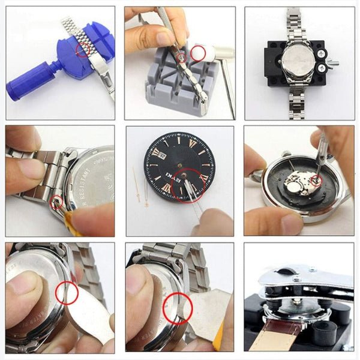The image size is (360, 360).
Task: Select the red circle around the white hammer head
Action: [197, 53]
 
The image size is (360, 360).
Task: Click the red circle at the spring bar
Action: [58, 202]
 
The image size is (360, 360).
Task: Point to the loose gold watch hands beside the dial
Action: [140, 186]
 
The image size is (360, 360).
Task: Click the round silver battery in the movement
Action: [295, 188]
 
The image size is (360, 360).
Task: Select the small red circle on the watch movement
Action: [315, 178]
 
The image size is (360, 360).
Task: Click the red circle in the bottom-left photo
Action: [67, 292]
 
